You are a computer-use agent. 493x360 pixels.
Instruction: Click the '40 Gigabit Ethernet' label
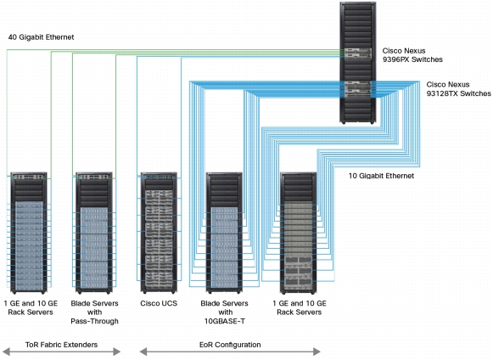(x=41, y=37)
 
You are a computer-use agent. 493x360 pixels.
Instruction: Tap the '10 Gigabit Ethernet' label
(x=381, y=176)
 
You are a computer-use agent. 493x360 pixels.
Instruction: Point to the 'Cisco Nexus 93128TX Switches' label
(x=458, y=89)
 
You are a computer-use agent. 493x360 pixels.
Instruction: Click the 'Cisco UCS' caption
(x=159, y=303)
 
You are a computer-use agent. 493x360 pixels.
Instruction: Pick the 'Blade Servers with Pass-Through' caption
(x=95, y=312)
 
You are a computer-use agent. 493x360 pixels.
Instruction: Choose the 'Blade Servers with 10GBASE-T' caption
(x=225, y=312)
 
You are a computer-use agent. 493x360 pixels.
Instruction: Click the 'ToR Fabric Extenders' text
(x=61, y=345)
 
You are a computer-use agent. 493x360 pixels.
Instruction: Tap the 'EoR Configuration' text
(x=230, y=345)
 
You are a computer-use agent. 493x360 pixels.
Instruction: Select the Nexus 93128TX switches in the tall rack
(x=358, y=89)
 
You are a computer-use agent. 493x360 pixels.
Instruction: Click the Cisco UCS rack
(x=159, y=233)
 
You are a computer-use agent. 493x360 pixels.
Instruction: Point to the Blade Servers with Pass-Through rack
(x=94, y=233)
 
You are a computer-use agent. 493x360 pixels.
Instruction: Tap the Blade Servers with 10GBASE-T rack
(x=224, y=233)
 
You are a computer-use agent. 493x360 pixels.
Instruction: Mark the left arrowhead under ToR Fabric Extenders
(x=6, y=352)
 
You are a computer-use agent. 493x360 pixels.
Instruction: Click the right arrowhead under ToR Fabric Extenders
(x=116, y=352)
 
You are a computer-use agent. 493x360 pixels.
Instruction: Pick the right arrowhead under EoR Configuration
(x=317, y=352)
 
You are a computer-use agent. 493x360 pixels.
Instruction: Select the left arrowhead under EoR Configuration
(x=143, y=352)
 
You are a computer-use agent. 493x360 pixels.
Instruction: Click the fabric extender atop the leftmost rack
(x=29, y=177)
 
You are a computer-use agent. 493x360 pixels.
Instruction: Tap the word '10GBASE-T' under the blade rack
(x=225, y=321)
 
